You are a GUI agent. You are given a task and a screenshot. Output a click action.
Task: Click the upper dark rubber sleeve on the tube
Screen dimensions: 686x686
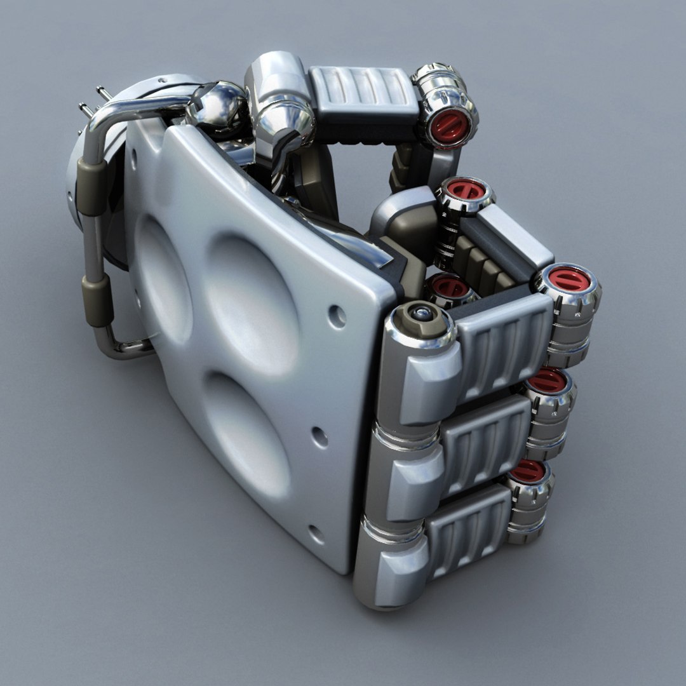pos(93,187)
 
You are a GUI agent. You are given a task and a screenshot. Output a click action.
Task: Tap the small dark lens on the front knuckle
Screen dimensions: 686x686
pos(420,313)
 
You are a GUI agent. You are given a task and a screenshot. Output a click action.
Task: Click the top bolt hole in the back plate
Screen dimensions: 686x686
pos(337,316)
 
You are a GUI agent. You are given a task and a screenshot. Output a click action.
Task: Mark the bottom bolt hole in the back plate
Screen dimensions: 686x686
pos(316,534)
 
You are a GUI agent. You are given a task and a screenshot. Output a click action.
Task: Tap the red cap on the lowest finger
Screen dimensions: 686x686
pos(527,471)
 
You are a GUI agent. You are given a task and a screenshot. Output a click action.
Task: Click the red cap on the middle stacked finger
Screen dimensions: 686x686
pos(547,380)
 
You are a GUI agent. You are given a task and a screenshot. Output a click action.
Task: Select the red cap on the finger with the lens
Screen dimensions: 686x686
pos(568,279)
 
